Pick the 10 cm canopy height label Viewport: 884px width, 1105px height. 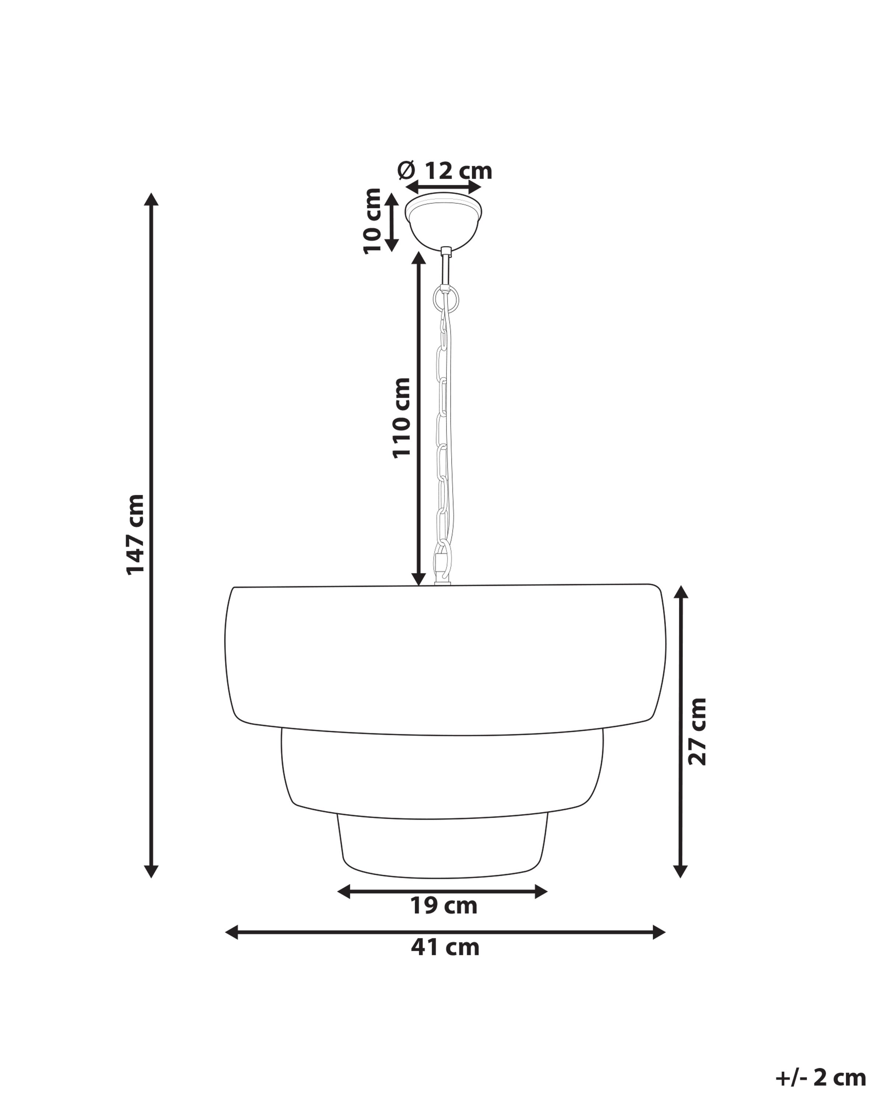tap(372, 221)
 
